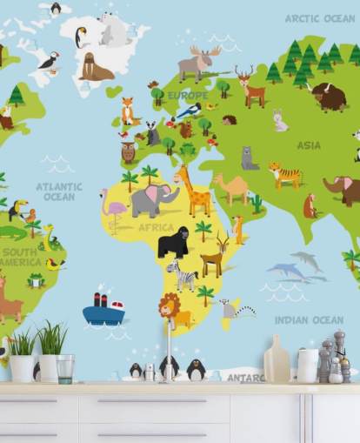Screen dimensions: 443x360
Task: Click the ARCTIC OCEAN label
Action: [x=319, y=17]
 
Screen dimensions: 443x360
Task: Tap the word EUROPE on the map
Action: [x=187, y=96]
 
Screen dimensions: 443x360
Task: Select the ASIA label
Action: [x=309, y=145]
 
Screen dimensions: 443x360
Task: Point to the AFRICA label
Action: [x=157, y=227]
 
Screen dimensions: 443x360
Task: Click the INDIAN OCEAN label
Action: [x=309, y=320]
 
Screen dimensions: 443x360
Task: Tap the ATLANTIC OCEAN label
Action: [x=59, y=191]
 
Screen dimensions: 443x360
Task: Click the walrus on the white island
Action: [x=95, y=67]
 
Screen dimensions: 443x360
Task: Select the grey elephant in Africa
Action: [x=151, y=200]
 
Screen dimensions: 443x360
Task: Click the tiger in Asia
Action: [x=284, y=174]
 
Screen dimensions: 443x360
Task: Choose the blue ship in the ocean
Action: [x=103, y=309]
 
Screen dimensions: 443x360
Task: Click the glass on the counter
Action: [x=65, y=367]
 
